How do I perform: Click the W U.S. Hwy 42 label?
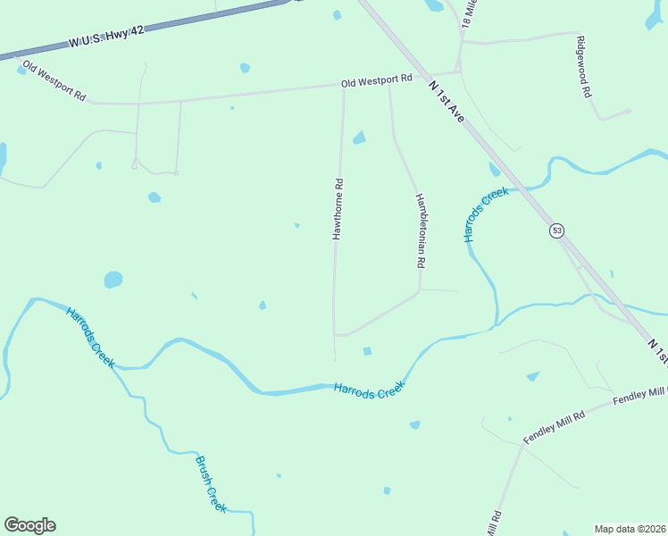(105, 37)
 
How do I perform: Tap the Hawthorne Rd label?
(338, 208)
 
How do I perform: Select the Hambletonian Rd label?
(418, 231)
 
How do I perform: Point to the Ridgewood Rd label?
(585, 67)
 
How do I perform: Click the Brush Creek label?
(211, 483)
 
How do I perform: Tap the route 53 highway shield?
(556, 230)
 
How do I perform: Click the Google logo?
(29, 525)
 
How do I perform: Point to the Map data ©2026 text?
(630, 529)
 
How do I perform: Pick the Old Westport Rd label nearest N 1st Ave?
(376, 80)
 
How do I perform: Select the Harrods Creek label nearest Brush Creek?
(89, 337)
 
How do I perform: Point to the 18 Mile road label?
(470, 15)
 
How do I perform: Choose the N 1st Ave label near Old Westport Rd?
(447, 101)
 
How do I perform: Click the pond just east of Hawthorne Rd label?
(359, 138)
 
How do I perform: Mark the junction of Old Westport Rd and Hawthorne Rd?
(343, 87)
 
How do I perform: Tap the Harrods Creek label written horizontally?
(369, 389)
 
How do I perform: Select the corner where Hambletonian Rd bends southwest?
(420, 290)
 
